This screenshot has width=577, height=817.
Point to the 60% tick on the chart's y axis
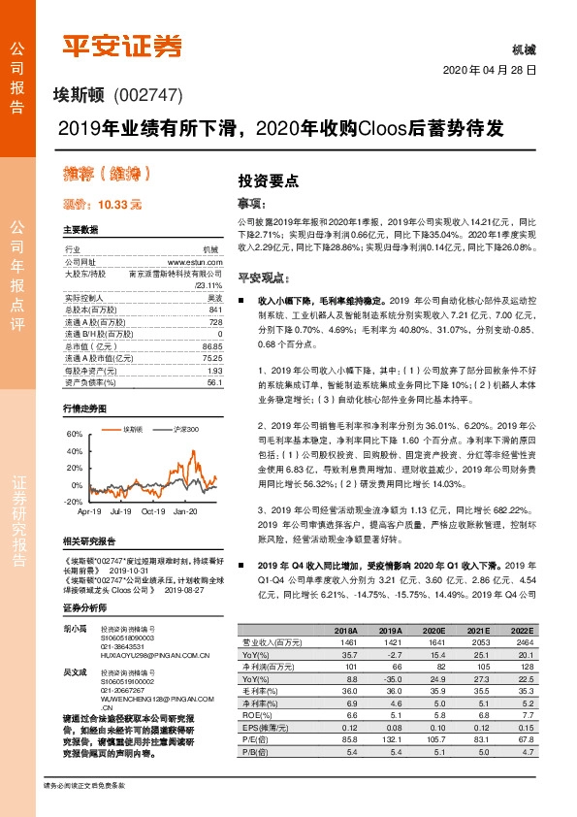coord(74,434)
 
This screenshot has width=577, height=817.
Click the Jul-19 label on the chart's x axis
coord(122,510)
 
